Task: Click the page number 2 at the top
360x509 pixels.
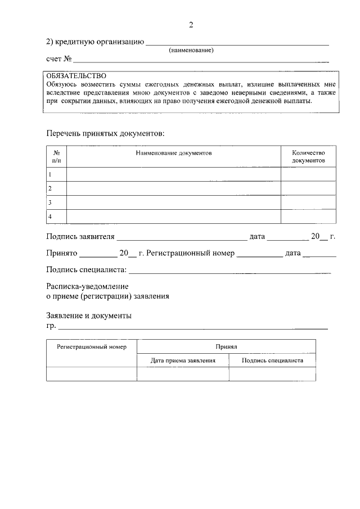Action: [191, 25]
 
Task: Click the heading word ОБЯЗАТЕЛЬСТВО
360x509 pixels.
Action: [76, 75]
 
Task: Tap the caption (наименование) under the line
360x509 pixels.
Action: [191, 50]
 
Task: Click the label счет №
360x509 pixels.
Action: [58, 58]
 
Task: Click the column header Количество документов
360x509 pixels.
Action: [308, 156]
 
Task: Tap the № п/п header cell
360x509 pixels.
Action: [56, 156]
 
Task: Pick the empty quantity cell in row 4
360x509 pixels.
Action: [308, 217]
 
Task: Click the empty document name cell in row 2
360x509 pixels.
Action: [173, 188]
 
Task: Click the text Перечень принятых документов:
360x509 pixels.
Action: [105, 133]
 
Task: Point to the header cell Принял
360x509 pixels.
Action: [226, 347]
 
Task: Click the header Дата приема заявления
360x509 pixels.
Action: [183, 361]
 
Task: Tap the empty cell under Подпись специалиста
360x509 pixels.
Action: [272, 374]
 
